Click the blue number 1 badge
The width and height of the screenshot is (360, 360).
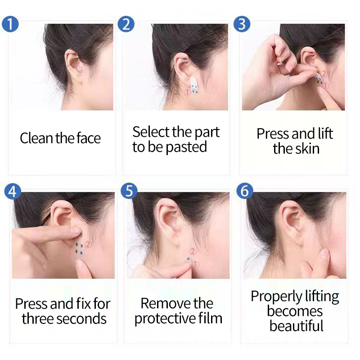point(11,23)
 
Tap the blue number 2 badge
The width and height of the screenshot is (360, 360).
point(126,23)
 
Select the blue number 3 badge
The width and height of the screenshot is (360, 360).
point(242,23)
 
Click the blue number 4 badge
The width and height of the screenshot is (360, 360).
point(12,192)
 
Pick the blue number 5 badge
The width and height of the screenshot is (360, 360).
point(129,191)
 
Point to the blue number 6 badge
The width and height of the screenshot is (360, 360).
point(245,191)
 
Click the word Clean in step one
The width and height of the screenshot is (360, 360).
point(36,138)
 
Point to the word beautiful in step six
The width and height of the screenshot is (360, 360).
point(296,325)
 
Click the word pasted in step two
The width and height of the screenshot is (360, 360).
point(186,147)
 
